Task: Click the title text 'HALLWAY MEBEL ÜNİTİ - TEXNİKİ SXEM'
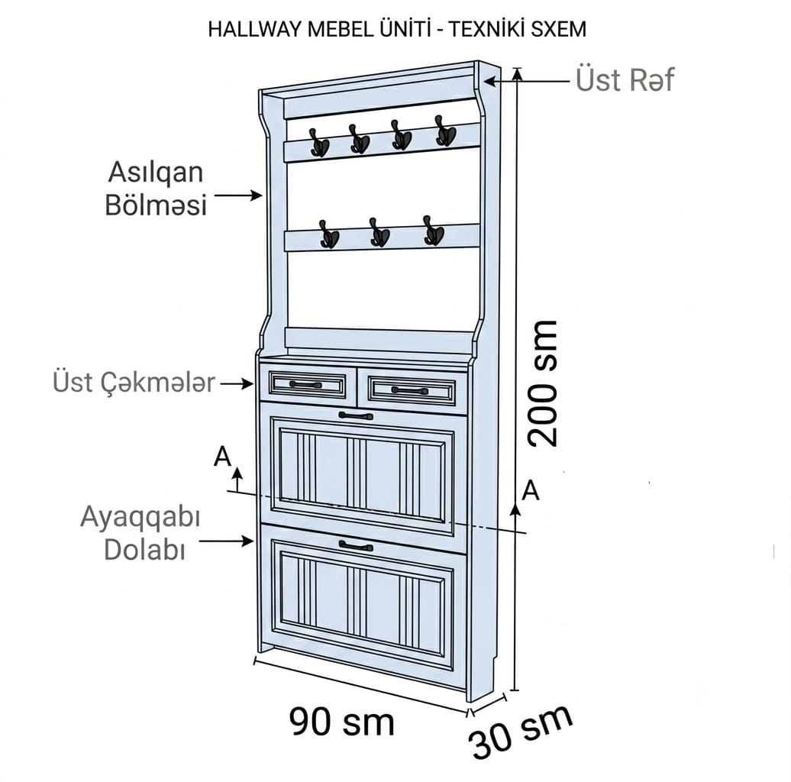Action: [397, 29]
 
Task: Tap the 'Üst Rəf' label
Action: [625, 79]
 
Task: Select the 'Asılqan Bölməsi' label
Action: [156, 189]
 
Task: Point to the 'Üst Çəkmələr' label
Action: [134, 382]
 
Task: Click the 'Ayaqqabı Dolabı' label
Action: [140, 532]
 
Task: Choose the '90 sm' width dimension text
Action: [341, 722]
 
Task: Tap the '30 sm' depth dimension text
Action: [521, 731]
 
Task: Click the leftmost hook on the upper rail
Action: [319, 142]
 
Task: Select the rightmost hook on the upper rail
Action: [445, 131]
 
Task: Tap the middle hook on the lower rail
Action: [379, 233]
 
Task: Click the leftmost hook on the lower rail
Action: [329, 234]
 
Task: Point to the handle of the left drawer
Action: [305, 385]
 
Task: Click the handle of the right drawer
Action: [409, 390]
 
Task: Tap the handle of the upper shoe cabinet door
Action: [356, 415]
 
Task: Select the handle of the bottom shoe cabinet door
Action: [356, 546]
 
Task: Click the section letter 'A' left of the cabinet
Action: [222, 457]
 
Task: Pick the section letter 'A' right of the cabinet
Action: [531, 490]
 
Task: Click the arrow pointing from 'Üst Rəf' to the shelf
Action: [527, 80]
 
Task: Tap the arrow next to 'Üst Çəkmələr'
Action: [237, 383]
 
